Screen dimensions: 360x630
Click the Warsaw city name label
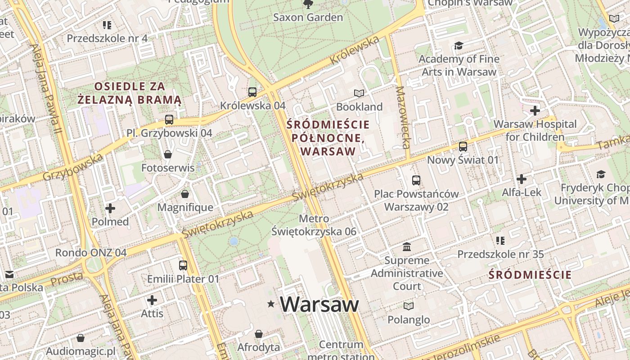coord(319,304)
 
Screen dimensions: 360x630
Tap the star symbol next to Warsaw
coord(271,304)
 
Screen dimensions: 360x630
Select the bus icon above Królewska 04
coord(252,92)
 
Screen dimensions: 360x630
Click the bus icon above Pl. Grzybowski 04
coord(169,120)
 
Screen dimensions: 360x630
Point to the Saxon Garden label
coord(308,18)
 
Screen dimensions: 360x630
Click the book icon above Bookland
coord(359,93)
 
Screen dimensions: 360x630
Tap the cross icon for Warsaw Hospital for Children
coord(535,111)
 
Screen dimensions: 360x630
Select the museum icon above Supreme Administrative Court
coord(407,247)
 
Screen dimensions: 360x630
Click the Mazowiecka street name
coord(402,117)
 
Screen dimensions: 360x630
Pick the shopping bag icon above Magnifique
coord(185,194)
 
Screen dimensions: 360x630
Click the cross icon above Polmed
coord(110,208)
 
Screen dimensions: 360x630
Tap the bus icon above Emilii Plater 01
coord(183,265)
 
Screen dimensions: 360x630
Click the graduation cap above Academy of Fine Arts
coord(459,45)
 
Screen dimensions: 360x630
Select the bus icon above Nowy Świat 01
coord(463,147)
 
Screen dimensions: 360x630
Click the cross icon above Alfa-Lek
coord(522,179)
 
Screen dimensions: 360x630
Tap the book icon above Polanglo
coord(409,306)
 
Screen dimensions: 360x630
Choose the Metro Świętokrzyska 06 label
coord(314,225)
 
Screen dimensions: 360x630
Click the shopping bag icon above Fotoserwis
coord(168,154)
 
